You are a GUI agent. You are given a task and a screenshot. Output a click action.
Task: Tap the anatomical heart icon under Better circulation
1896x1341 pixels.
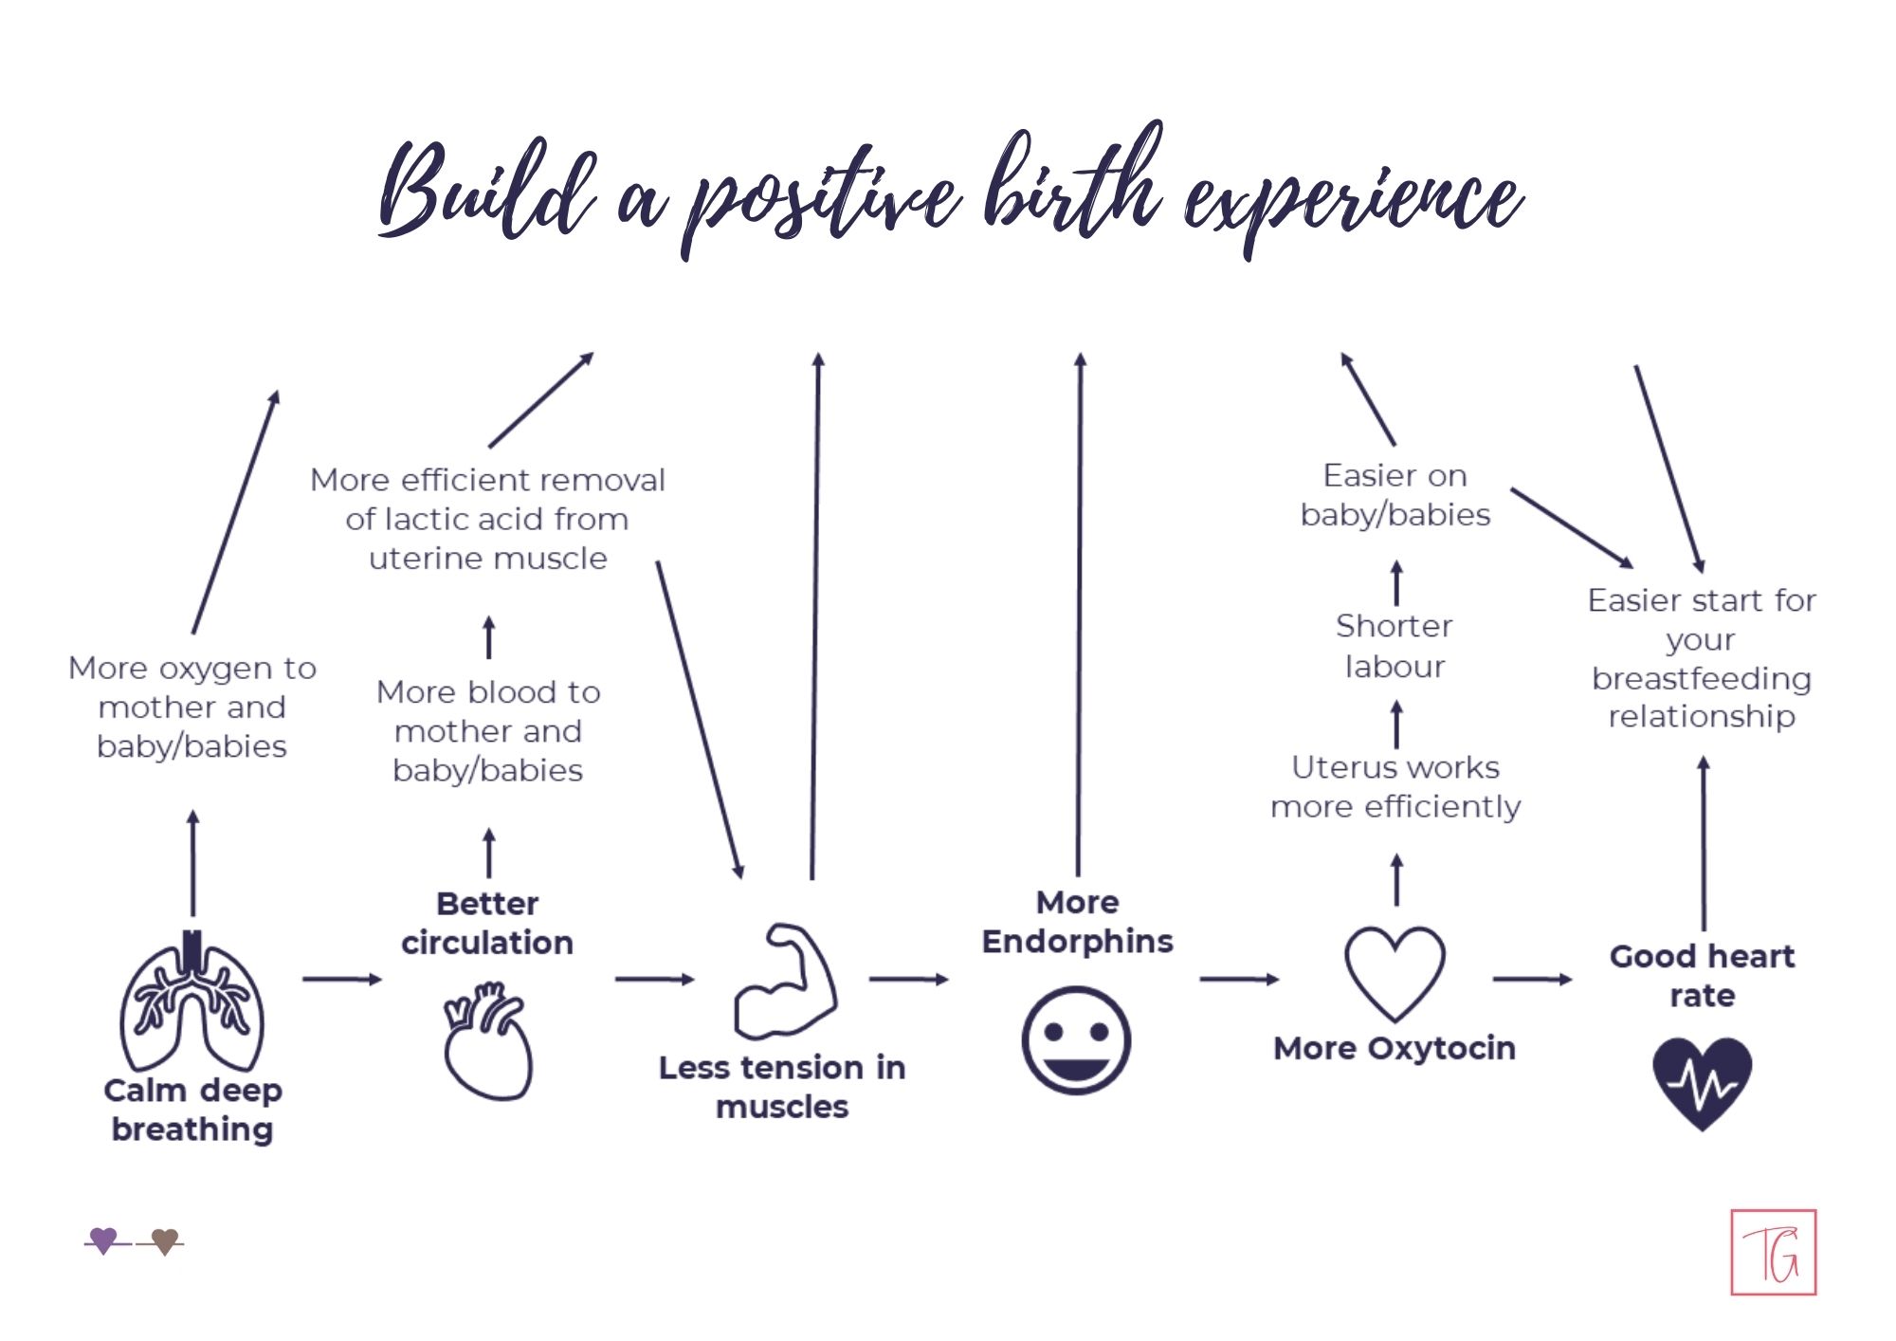click(x=488, y=1041)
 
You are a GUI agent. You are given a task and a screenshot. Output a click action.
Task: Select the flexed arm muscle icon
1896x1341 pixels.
click(x=785, y=983)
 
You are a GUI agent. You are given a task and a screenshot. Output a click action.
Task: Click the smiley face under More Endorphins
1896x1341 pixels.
click(x=1076, y=1040)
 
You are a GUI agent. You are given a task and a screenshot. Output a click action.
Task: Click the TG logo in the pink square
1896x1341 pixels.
click(x=1773, y=1253)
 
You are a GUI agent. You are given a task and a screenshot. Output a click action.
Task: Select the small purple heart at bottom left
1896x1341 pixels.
click(x=103, y=1240)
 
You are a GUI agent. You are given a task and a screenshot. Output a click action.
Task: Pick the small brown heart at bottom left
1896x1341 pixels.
click(x=165, y=1240)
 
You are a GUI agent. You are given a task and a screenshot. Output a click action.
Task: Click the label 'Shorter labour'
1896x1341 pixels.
click(x=1395, y=646)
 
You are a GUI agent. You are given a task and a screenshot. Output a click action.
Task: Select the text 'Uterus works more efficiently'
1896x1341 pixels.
click(x=1395, y=786)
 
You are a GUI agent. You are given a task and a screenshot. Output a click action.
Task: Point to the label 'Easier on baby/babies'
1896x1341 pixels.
click(x=1395, y=494)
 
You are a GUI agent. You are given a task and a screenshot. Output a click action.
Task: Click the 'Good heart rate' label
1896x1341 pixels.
click(x=1702, y=975)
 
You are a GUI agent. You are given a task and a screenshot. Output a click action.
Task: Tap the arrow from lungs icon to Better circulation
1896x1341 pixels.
click(x=341, y=979)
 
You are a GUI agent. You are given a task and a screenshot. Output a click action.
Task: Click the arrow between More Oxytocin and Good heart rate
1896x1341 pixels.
click(x=1532, y=979)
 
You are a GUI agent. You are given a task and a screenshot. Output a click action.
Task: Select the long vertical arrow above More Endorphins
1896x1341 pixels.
click(x=1079, y=616)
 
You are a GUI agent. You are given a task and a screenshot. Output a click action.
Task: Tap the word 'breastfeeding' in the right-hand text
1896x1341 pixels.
click(x=1702, y=678)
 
